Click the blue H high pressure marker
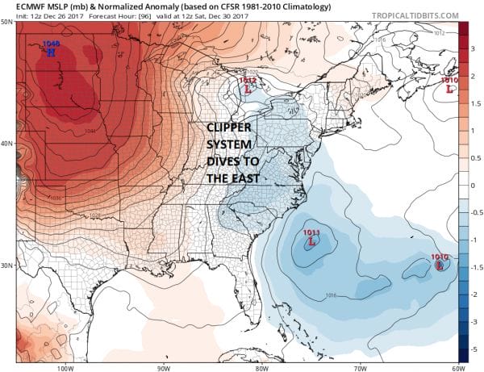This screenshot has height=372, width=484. (x=51, y=54)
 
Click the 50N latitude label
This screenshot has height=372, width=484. (x=7, y=21)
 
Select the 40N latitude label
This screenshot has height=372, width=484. (x=7, y=143)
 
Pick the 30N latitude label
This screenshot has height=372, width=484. (x=7, y=265)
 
